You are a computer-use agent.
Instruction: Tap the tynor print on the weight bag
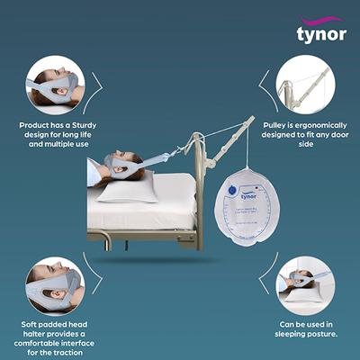point(248,195)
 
